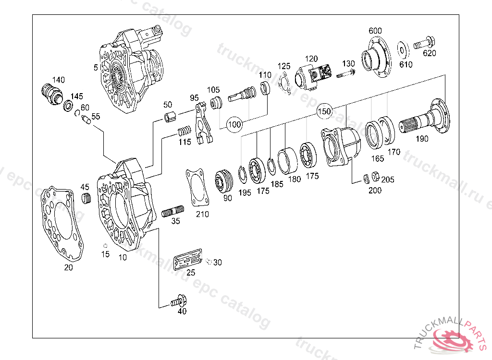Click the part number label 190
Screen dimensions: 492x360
(422, 139)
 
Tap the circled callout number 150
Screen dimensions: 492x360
(324, 111)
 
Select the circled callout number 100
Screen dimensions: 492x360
(234, 124)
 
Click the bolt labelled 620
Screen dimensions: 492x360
(422, 44)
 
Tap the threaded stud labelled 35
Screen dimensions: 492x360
(172, 211)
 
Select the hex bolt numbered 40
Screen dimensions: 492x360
(179, 301)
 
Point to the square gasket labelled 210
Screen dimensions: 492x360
(197, 187)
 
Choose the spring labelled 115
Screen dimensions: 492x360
(184, 131)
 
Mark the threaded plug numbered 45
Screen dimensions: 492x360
(86, 198)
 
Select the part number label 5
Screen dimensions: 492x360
(96, 68)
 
